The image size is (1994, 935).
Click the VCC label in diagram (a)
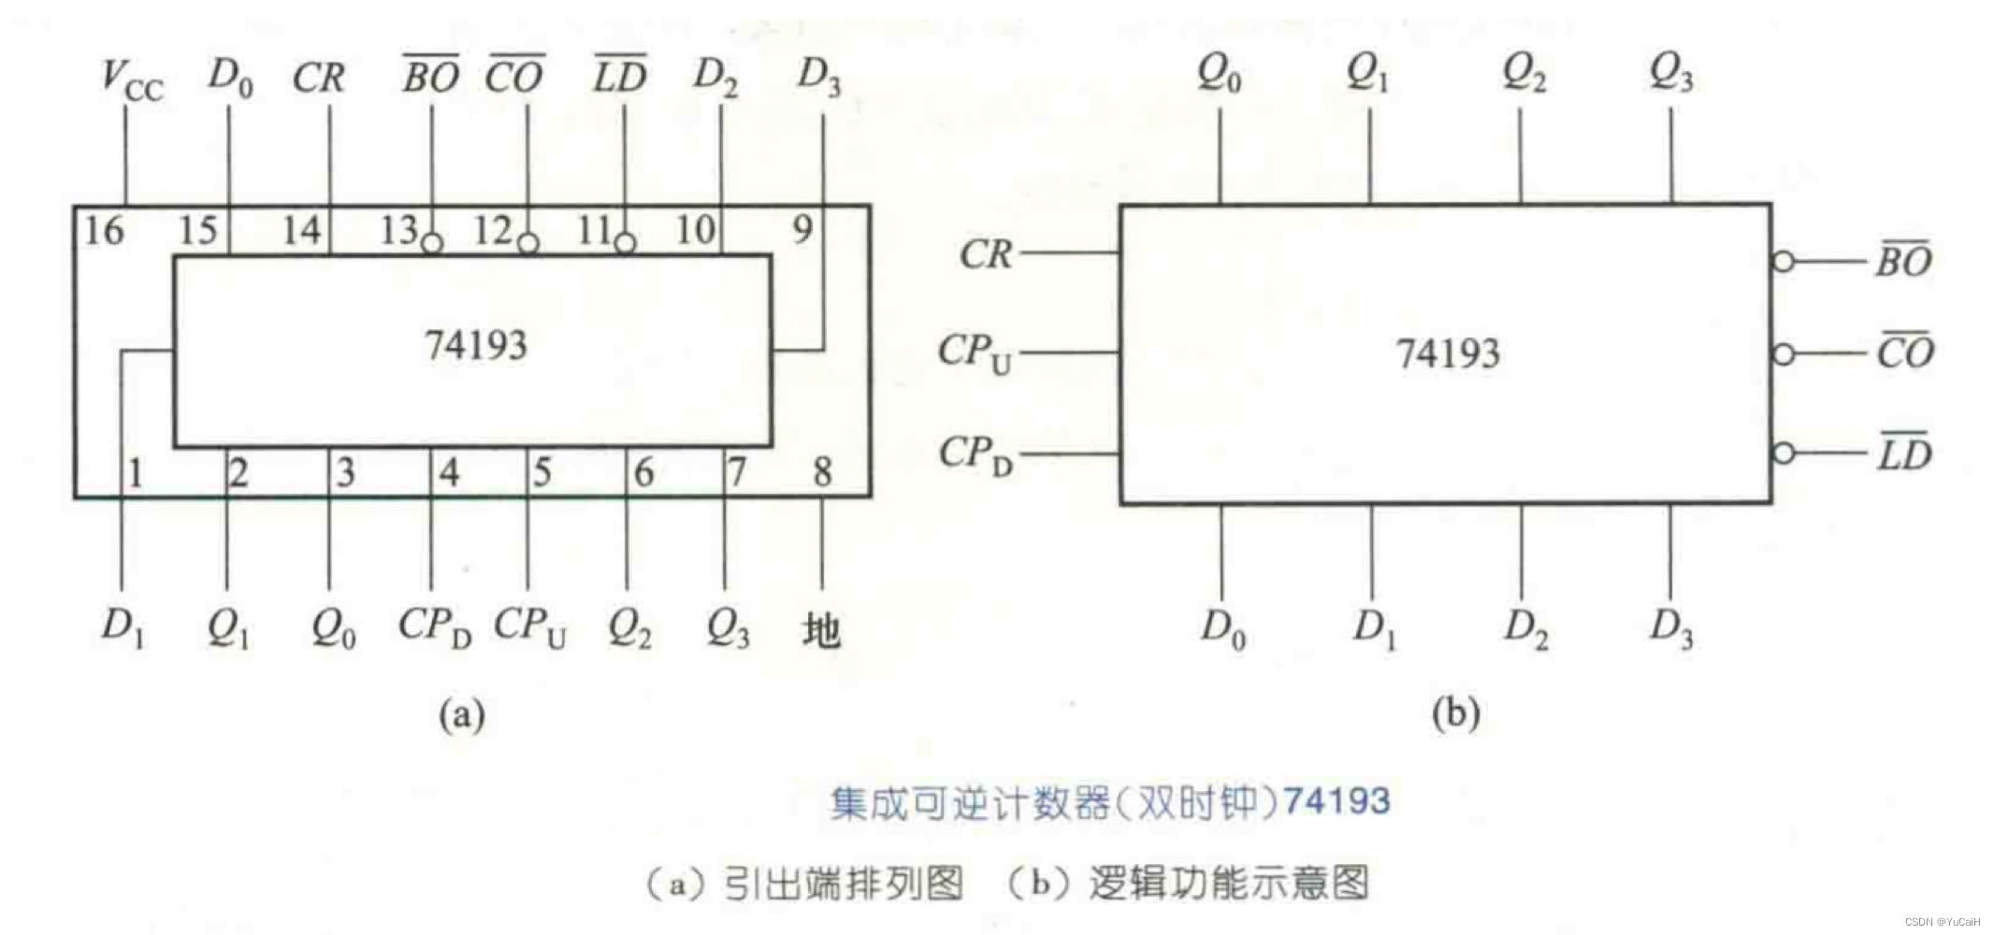coord(131,80)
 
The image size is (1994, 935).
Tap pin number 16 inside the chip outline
coord(104,230)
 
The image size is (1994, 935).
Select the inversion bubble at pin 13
coord(431,244)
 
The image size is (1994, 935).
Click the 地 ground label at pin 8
coord(821,630)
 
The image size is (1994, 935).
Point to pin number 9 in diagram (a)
coord(802,229)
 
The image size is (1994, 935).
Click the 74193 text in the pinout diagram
coord(476,346)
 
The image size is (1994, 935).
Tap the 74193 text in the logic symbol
coord(1448,354)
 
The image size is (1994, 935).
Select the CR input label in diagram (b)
coord(986,254)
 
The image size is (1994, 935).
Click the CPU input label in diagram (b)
coord(975,353)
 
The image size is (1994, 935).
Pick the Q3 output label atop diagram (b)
coord(1670,73)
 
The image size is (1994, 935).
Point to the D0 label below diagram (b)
coord(1222,628)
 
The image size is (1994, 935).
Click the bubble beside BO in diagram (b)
coord(1784,262)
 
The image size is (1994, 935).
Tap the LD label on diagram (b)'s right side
coord(1904,454)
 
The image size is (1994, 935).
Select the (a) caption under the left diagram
coord(462,715)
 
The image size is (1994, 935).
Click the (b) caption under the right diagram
coord(1456,714)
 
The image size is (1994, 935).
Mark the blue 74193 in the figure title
coord(1337,801)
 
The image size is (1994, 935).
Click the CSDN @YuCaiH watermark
coord(1942,922)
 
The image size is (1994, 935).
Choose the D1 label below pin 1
coord(123,628)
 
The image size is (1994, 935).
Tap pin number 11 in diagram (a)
coord(594,230)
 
